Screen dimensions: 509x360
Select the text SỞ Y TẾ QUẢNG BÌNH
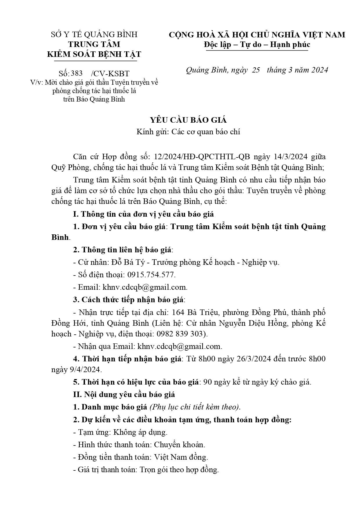94,35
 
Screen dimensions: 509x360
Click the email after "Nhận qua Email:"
180,346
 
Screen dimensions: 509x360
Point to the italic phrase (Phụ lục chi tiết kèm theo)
195,407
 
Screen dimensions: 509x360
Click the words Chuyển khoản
180,445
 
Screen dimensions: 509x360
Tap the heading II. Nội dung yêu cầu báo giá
124,394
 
